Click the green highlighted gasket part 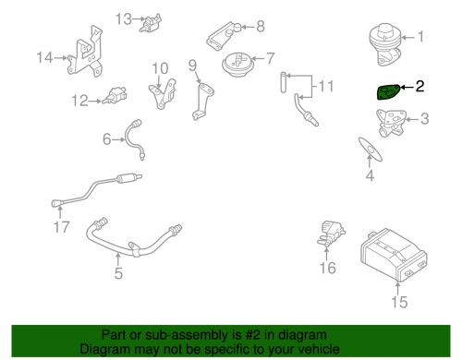[x=389, y=92]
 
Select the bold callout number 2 [x=419, y=87]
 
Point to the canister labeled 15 [x=394, y=255]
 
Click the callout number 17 [x=61, y=227]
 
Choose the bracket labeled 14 [x=85, y=51]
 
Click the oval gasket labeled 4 [x=371, y=150]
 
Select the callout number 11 [x=326, y=86]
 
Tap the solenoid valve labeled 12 [x=115, y=95]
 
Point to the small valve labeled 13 [x=151, y=22]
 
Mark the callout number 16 [x=328, y=268]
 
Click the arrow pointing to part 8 [x=249, y=27]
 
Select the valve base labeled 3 [x=391, y=123]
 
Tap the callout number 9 [x=192, y=65]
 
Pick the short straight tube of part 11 [x=284, y=82]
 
